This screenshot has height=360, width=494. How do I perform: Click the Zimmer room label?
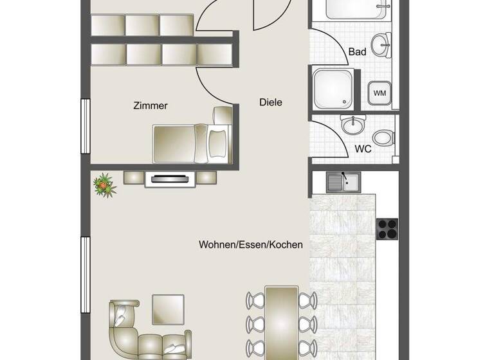[x=151, y=105]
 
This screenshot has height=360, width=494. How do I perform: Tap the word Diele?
[x=271, y=102]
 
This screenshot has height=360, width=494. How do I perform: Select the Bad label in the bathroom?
[x=357, y=51]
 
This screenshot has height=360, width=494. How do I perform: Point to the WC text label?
[x=363, y=148]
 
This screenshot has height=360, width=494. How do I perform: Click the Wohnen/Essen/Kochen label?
[x=250, y=245]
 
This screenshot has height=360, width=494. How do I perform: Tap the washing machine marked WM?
[x=380, y=93]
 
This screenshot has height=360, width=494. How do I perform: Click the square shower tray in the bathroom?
[x=333, y=88]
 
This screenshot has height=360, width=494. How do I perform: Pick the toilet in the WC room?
[x=384, y=137]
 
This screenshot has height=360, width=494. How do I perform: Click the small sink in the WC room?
[x=353, y=124]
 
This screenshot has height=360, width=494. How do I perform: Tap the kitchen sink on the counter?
[x=343, y=183]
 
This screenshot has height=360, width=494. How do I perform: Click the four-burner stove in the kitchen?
[x=387, y=227]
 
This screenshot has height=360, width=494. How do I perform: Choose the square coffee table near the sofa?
[x=168, y=309]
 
